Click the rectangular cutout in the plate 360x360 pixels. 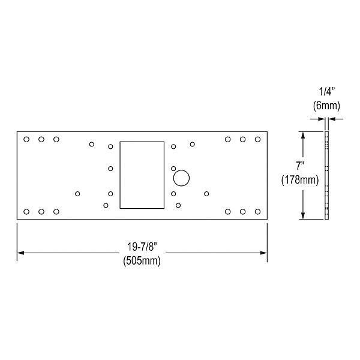(142, 175)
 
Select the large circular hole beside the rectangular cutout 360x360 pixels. (181, 178)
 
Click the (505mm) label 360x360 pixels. (142, 261)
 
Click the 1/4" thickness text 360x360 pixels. (326, 92)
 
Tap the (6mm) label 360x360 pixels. (326, 106)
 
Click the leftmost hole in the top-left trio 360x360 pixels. (26, 139)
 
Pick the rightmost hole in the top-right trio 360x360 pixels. (257, 139)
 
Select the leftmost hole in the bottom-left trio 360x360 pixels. (26, 211)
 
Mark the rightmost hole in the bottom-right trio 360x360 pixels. (257, 211)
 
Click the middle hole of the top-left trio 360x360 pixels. (41, 139)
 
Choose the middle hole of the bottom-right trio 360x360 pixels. (243, 211)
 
